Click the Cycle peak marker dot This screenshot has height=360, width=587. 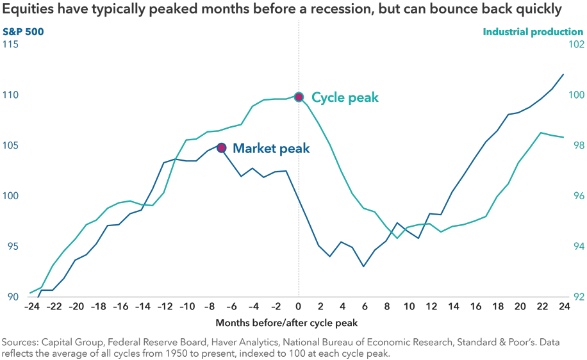pyautogui.click(x=299, y=97)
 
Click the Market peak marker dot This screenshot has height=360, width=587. pyautogui.click(x=222, y=148)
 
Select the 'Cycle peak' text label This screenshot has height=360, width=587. pyautogui.click(x=345, y=97)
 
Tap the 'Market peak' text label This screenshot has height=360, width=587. pyautogui.click(x=271, y=149)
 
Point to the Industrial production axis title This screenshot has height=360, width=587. pyautogui.click(x=533, y=31)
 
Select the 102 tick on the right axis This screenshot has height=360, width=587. pyautogui.click(x=575, y=45)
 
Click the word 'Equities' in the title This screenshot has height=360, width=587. pyautogui.click(x=28, y=10)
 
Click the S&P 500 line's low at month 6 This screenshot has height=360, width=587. pyautogui.click(x=364, y=266)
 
